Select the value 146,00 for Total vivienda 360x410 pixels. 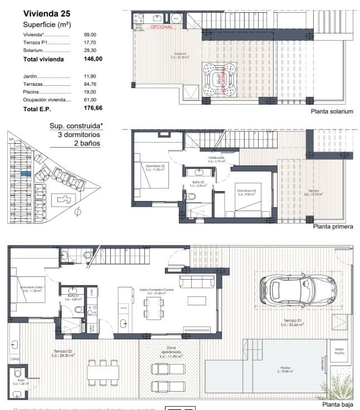point(93,58)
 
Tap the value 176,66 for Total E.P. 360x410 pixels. point(93,109)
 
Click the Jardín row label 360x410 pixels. point(31,76)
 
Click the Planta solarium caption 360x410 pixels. point(333,111)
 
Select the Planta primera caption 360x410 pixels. point(333,227)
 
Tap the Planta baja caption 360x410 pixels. point(338,405)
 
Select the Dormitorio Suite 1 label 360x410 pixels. point(32,289)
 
